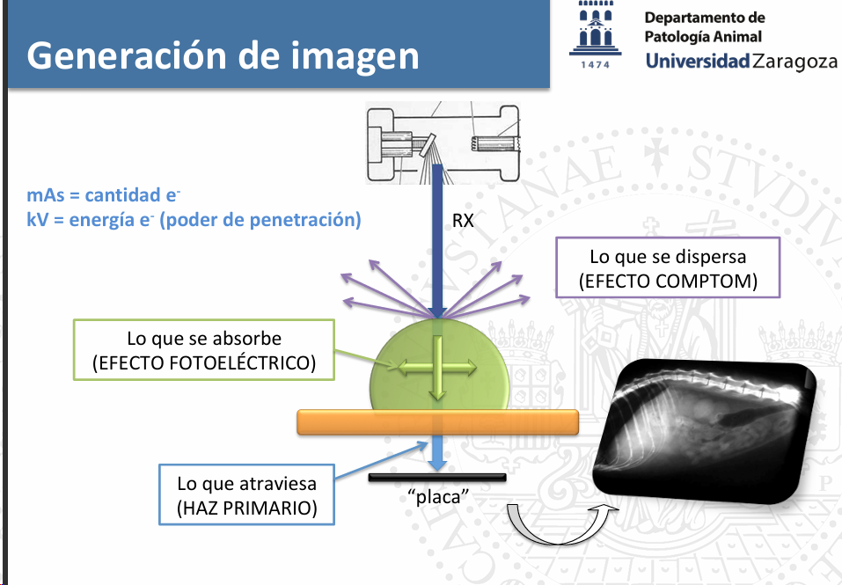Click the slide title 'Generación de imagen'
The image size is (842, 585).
(x=223, y=55)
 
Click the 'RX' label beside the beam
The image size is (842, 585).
(x=463, y=221)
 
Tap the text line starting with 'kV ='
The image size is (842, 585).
(x=194, y=220)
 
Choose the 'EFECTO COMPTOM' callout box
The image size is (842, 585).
(x=668, y=269)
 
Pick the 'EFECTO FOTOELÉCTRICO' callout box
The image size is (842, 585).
(x=204, y=350)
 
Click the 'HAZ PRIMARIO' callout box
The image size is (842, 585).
(x=246, y=495)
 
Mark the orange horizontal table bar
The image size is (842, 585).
(x=437, y=421)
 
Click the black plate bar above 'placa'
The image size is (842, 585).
(x=437, y=478)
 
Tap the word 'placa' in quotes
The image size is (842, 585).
(x=437, y=498)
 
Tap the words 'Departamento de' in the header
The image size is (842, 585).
(x=704, y=18)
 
